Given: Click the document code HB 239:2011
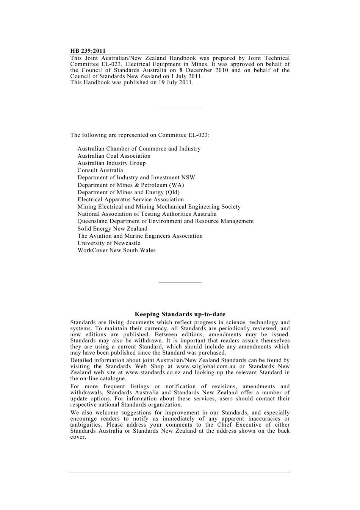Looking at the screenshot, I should pos(88,51).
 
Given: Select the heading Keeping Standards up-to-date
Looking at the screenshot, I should pos(180,314).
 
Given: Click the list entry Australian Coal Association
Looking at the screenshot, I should pos(114,156).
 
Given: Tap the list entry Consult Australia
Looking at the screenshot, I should pos(100,170).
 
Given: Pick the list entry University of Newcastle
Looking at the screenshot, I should pos(109,243).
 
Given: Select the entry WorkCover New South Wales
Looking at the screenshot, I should pos(117,250).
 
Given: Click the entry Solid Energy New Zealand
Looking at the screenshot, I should pos(113,229).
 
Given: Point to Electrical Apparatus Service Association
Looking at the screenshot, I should pos(131,199).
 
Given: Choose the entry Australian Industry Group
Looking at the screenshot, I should pos(112,163).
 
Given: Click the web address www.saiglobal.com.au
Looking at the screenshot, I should pos(206,366).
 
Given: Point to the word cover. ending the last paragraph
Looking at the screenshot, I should pos(78,437).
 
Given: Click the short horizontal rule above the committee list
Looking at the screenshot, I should pos(180,107).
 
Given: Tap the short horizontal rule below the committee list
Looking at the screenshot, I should pos(180,282).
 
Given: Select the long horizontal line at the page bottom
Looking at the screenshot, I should pos(180,472).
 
